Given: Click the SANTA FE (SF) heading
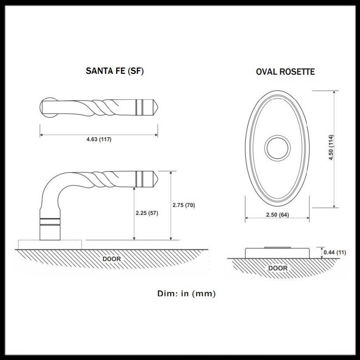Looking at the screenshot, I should tap(115, 71).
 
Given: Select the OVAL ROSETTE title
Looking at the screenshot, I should tap(285, 72).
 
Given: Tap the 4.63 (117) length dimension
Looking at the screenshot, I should tap(98, 140).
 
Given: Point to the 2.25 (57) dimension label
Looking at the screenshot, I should tap(147, 213).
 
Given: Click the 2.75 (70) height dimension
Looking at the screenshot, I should tap(183, 205).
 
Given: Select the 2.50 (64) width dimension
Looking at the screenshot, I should tap(277, 215).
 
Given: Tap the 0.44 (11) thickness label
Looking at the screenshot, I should tap(335, 252).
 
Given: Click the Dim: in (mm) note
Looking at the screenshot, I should tap(186, 294).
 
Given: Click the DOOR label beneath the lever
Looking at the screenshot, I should tap(112, 259).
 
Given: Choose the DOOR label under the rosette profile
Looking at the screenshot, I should tap(277, 268).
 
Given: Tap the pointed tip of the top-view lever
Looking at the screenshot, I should tap(156, 106).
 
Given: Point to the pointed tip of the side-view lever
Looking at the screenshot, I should tap(156, 179).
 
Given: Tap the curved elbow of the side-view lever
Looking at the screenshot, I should tap(51, 185).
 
